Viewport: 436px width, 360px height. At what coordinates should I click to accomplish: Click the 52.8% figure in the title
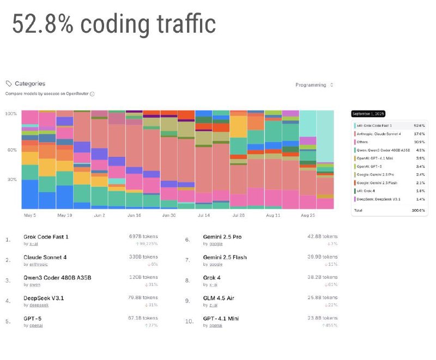tap(44, 25)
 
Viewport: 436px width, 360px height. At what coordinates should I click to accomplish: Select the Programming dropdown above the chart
tap(313, 85)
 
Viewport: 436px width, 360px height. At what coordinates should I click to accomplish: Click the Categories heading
tap(29, 84)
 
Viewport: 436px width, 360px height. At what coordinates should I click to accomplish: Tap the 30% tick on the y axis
tap(12, 179)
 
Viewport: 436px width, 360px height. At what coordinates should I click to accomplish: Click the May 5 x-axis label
tap(30, 215)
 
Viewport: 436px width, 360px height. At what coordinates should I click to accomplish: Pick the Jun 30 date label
tap(168, 215)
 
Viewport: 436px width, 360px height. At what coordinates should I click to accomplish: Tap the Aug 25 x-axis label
tap(308, 215)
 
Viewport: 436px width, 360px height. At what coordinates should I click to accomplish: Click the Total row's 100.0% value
tap(419, 210)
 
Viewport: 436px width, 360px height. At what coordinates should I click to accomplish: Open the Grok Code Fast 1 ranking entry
tap(46, 237)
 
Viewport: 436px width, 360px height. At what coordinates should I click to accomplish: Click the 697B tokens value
tap(143, 236)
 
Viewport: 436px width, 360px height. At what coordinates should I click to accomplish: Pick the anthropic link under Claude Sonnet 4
tap(34, 264)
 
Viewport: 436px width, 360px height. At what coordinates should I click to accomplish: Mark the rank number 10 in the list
tap(189, 321)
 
